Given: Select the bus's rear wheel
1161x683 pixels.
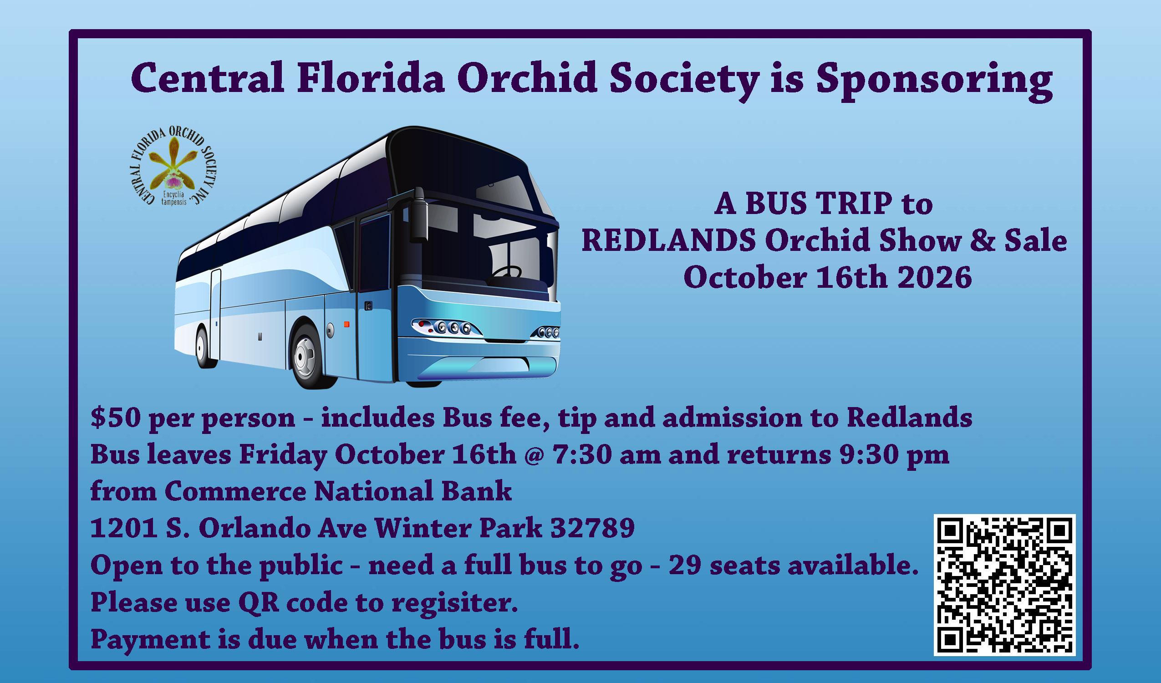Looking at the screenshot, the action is (x=203, y=347).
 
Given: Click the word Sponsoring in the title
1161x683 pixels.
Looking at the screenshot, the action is (x=934, y=80).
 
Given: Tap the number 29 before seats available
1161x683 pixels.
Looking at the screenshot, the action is (x=685, y=566).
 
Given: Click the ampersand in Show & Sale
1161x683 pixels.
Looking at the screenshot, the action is (x=982, y=241).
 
